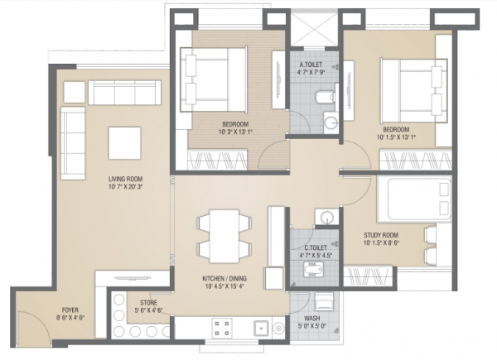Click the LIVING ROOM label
click(x=127, y=179)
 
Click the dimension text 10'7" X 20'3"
click(x=127, y=188)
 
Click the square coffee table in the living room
click(x=127, y=139)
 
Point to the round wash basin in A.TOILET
click(x=330, y=125)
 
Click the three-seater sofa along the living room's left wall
click(x=72, y=144)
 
